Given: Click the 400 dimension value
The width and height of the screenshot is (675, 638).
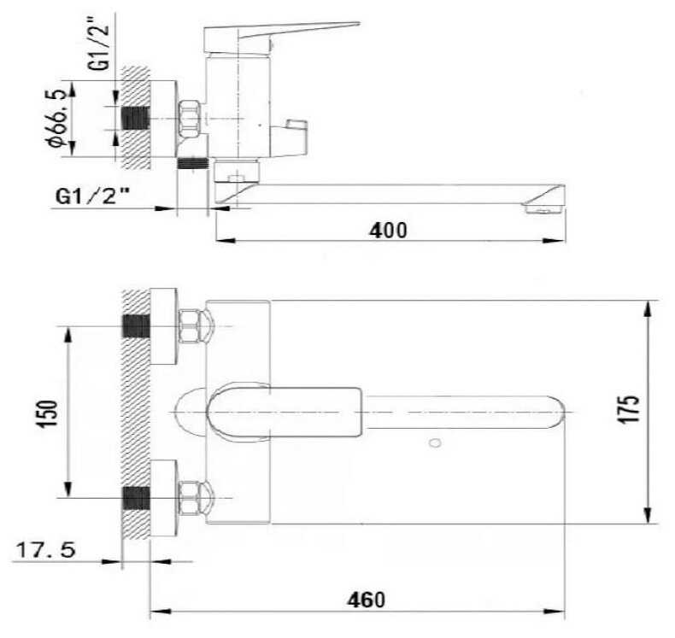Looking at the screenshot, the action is pyautogui.click(x=388, y=231).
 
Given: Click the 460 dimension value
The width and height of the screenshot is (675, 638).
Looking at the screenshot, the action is pyautogui.click(x=367, y=600).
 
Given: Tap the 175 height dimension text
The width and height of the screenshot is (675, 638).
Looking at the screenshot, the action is pyautogui.click(x=630, y=409).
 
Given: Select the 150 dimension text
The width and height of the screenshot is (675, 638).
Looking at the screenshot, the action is pyautogui.click(x=47, y=413).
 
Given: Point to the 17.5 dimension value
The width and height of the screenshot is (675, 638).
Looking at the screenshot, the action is pyautogui.click(x=45, y=549).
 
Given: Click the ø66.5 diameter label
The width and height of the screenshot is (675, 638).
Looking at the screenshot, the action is pyautogui.click(x=59, y=118).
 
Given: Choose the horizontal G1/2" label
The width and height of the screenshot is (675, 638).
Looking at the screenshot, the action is pyautogui.click(x=93, y=196).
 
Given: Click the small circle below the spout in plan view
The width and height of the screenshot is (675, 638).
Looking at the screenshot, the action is pyautogui.click(x=435, y=442).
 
